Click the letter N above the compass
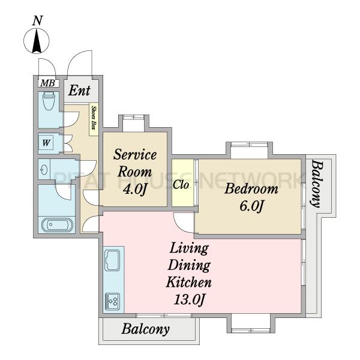point(38,20)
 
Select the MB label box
point(48,83)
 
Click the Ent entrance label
point(79,90)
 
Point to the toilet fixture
point(49,101)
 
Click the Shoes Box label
point(94,118)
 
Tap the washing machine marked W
point(46,143)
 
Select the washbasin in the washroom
point(44,170)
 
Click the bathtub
point(58,225)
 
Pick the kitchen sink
point(112,260)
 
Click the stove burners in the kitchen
point(113,301)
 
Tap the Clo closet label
point(181,184)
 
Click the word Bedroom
point(251,189)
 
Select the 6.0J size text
point(251,206)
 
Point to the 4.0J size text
point(135,189)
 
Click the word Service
point(135,154)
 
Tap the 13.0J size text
point(189,299)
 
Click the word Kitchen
point(189,282)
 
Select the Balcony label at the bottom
point(146,329)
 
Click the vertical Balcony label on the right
point(317,184)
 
